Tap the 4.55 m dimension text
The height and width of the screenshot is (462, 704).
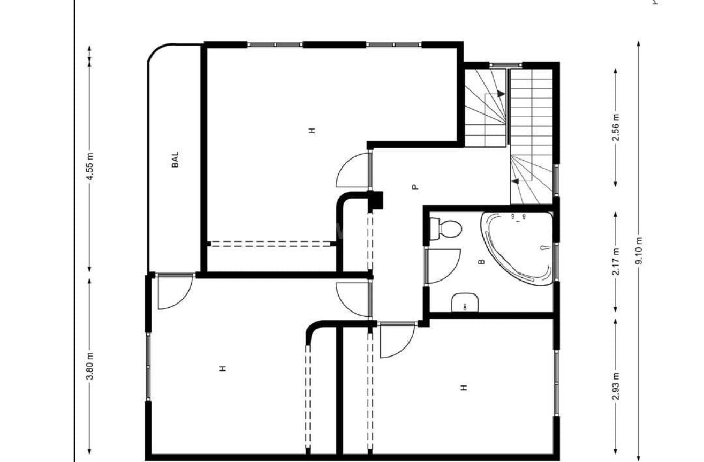(90, 166)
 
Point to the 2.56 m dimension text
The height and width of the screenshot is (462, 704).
(616, 127)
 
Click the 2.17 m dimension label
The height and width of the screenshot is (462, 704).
(616, 261)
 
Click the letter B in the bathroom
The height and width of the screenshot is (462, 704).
(481, 262)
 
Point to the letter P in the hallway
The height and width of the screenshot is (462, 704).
(414, 187)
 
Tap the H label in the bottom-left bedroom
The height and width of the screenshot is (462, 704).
(222, 368)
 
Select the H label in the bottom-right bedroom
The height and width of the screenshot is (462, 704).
(464, 387)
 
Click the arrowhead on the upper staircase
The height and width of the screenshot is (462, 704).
(501, 93)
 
